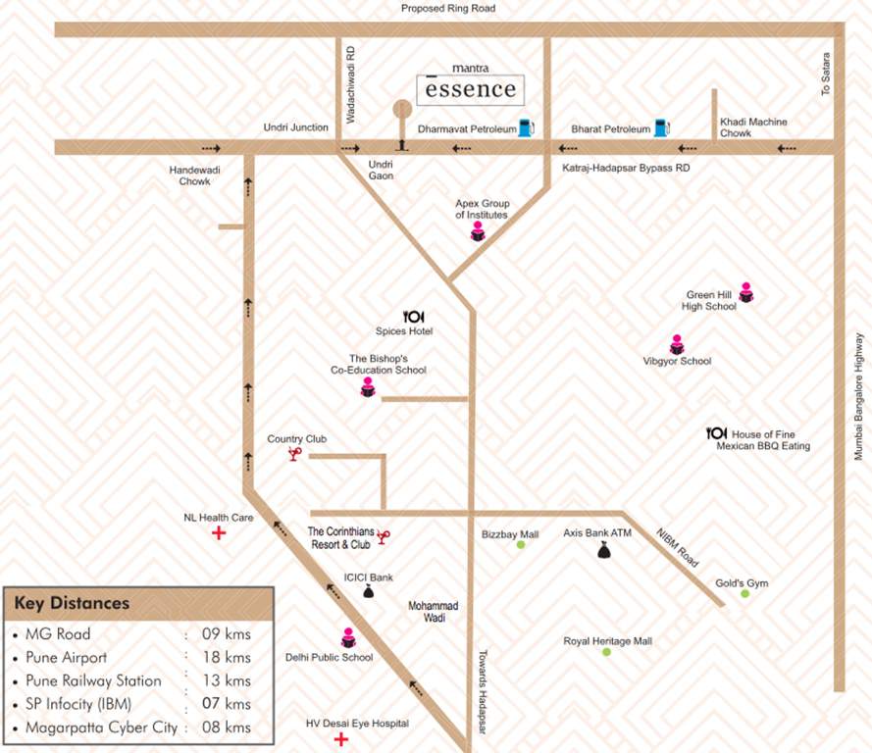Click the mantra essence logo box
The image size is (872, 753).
coord(470,89)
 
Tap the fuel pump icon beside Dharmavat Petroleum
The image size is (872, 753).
coord(526,127)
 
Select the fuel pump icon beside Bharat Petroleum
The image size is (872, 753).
coord(662,127)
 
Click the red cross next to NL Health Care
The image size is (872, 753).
coord(219,534)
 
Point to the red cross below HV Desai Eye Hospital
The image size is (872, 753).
coord(340,739)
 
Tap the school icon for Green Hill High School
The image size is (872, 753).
coord(745,291)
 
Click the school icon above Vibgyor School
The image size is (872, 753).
coord(677,345)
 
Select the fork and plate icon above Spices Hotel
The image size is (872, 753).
coord(413,316)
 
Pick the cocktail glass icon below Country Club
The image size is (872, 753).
coord(293,454)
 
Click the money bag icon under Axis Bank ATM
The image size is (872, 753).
coord(603,551)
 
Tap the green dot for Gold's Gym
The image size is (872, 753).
coord(744,593)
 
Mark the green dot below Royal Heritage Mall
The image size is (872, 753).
coord(606,652)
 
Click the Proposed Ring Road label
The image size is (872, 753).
coord(448,9)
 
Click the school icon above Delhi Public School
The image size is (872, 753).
coord(347,637)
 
